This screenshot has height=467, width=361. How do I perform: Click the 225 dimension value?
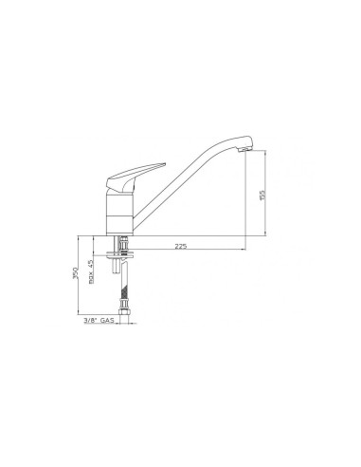(x=181, y=246)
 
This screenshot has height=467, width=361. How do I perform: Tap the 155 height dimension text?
(x=262, y=195)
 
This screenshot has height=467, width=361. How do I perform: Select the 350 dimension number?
(x=75, y=272)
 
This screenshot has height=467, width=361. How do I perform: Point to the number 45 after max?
(x=90, y=263)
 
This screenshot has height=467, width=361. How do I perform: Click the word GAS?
(x=107, y=321)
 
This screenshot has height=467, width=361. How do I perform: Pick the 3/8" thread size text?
(x=90, y=321)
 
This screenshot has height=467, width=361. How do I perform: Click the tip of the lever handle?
(x=165, y=164)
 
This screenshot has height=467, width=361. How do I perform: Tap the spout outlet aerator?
(x=245, y=150)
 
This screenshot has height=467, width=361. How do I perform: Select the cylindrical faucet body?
(x=119, y=215)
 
